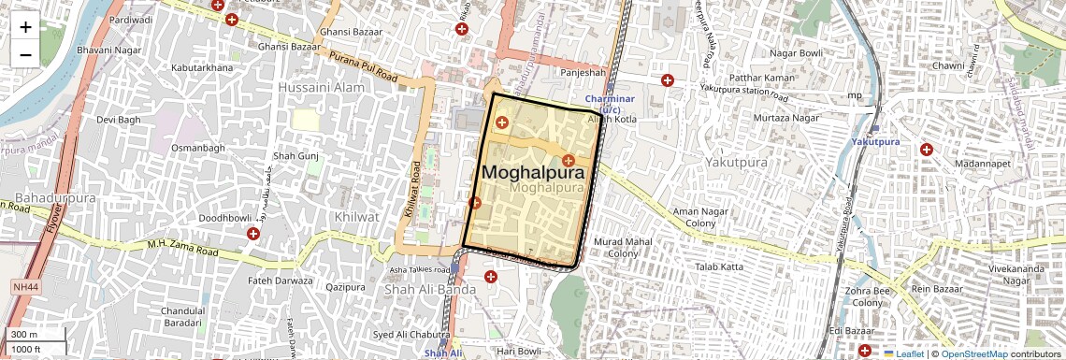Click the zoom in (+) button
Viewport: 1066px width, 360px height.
coord(25,27)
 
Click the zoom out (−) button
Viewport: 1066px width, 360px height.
coord(25,54)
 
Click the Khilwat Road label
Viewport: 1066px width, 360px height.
coord(411,193)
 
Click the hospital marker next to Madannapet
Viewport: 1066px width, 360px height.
coord(926,150)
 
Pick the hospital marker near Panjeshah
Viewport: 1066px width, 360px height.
coord(667,80)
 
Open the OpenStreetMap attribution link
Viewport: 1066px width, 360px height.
coord(973,353)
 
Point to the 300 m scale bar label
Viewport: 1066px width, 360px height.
coord(24,334)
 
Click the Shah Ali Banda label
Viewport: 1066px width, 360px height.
coord(430,290)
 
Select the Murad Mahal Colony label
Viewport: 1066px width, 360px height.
coord(622,248)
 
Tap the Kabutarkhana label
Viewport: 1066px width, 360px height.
coord(204,68)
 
